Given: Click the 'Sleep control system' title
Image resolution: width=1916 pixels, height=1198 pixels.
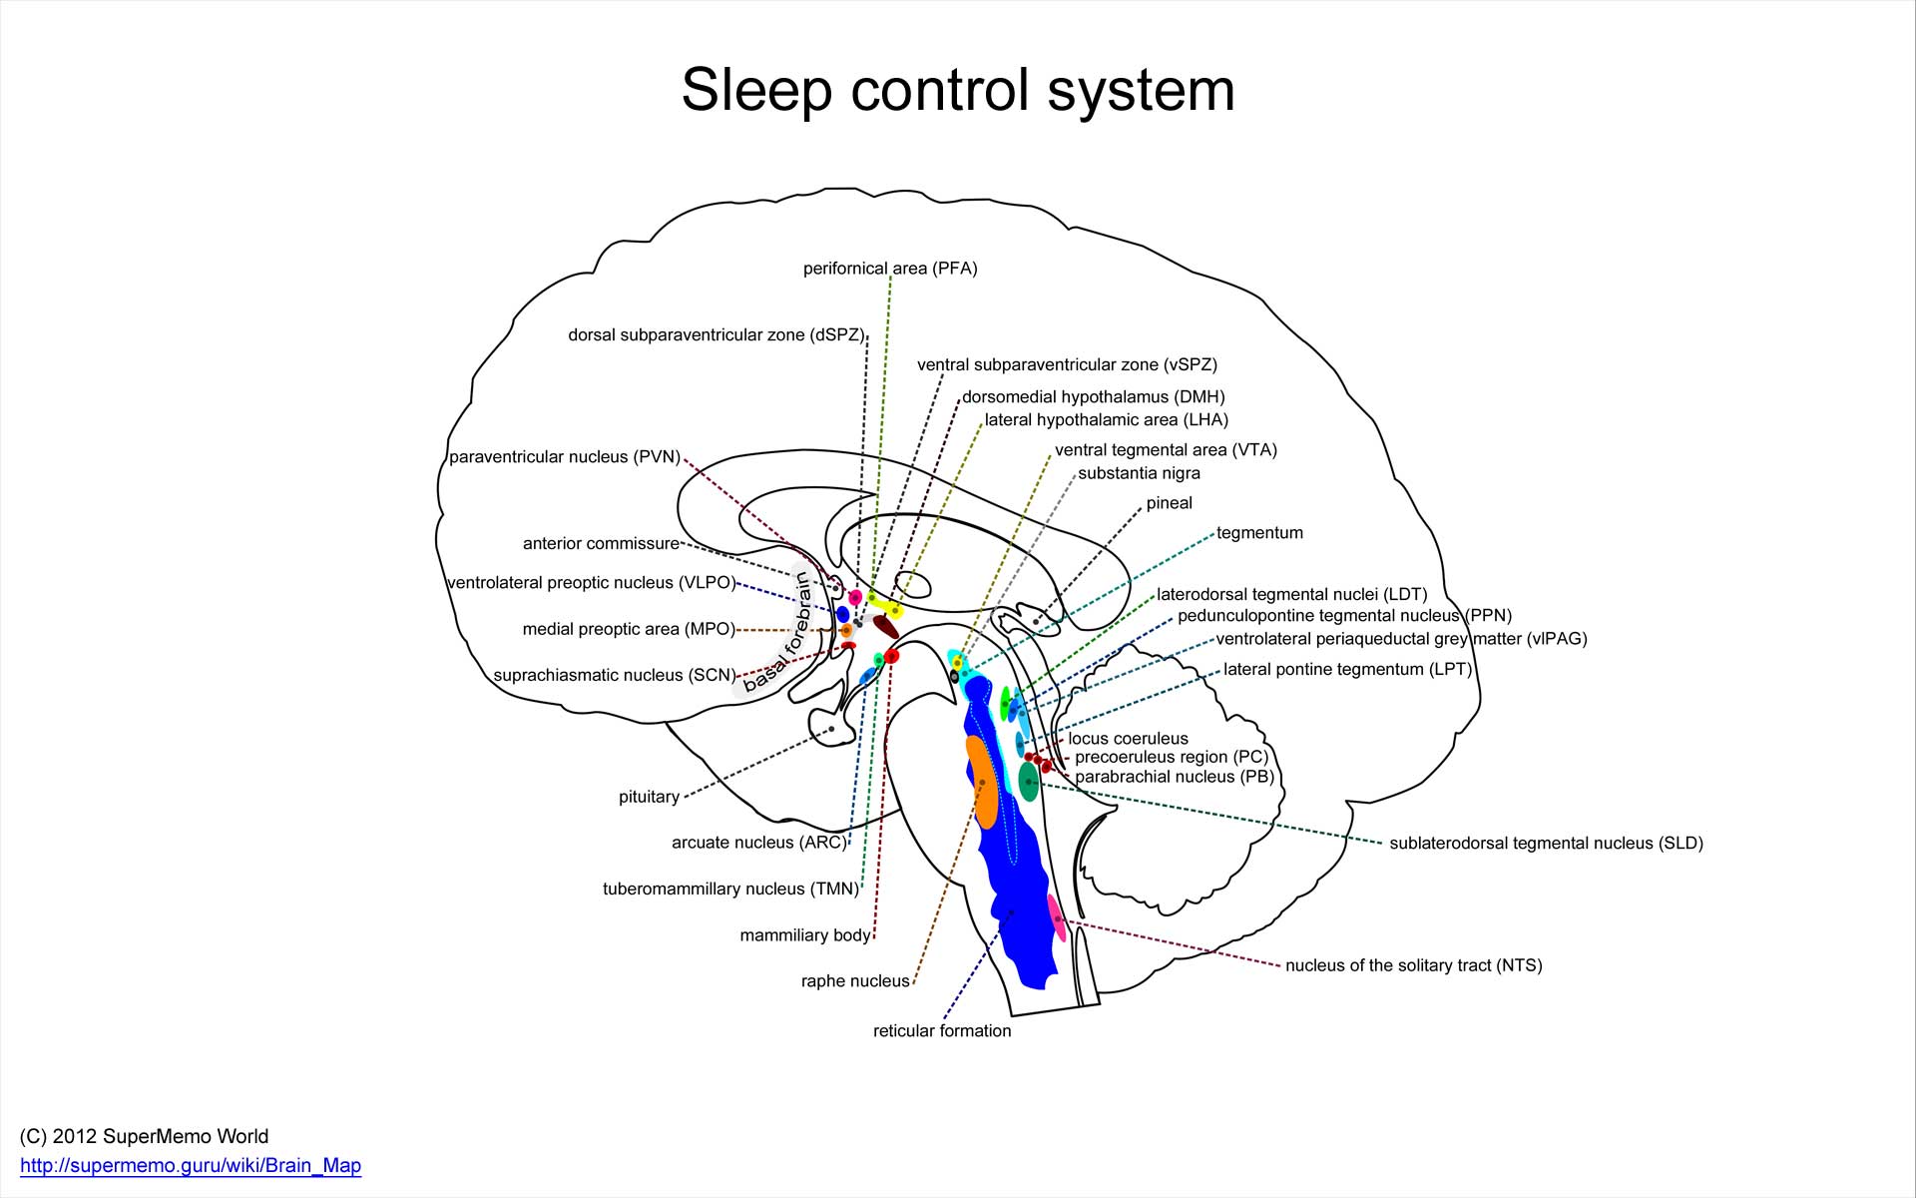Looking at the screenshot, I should tap(958, 90).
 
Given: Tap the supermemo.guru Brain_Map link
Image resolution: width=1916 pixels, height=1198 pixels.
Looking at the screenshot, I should tap(191, 1165).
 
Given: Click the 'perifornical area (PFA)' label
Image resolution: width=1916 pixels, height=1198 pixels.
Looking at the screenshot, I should tap(890, 269).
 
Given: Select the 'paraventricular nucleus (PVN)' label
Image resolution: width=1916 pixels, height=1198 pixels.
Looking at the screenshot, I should tap(565, 457).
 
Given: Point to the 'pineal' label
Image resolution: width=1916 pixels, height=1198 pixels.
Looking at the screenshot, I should tap(1169, 503).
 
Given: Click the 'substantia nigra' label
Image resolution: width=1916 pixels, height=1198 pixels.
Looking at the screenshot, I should tap(1139, 473).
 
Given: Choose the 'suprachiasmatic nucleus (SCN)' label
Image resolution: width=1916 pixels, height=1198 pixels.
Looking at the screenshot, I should tap(615, 675).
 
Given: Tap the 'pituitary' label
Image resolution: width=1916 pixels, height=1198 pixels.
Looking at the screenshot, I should tap(649, 797).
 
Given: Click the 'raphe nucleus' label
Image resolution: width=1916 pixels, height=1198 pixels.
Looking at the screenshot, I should tap(855, 981).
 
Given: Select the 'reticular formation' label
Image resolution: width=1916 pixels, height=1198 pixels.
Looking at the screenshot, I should tap(942, 1031).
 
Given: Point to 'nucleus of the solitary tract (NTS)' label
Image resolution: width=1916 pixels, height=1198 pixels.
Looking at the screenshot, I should tap(1413, 965).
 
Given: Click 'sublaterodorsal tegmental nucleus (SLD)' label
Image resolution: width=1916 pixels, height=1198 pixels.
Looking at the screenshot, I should tap(1546, 844).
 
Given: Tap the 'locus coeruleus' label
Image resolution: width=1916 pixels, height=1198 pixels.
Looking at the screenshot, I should tap(1128, 739).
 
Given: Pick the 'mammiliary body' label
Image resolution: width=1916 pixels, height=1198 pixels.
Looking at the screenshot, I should tap(805, 935).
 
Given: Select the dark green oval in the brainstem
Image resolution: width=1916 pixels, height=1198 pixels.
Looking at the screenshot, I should tap(1029, 782).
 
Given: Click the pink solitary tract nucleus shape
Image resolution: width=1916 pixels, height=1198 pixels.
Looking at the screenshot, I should tap(1056, 916).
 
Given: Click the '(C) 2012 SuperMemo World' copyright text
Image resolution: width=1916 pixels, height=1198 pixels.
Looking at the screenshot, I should tap(144, 1136).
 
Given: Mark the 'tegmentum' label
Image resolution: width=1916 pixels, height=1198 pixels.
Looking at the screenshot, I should tap(1259, 533).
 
